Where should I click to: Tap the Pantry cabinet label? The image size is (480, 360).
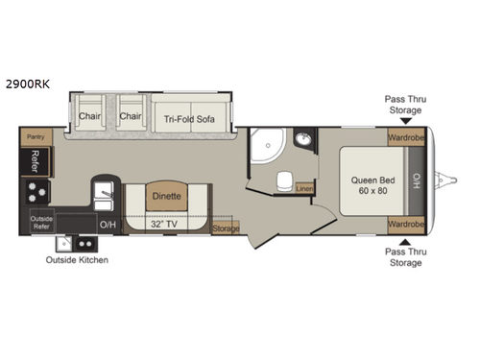[x=33, y=139]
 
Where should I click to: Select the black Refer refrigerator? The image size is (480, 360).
[x=34, y=158]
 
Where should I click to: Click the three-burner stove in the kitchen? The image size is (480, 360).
[x=35, y=187]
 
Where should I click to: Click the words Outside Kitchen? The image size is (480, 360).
[x=77, y=259]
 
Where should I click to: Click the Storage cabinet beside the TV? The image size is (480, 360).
[x=225, y=228]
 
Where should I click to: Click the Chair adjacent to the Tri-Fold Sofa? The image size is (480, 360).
[x=132, y=115]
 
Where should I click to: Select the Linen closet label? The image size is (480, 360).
[x=305, y=188]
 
